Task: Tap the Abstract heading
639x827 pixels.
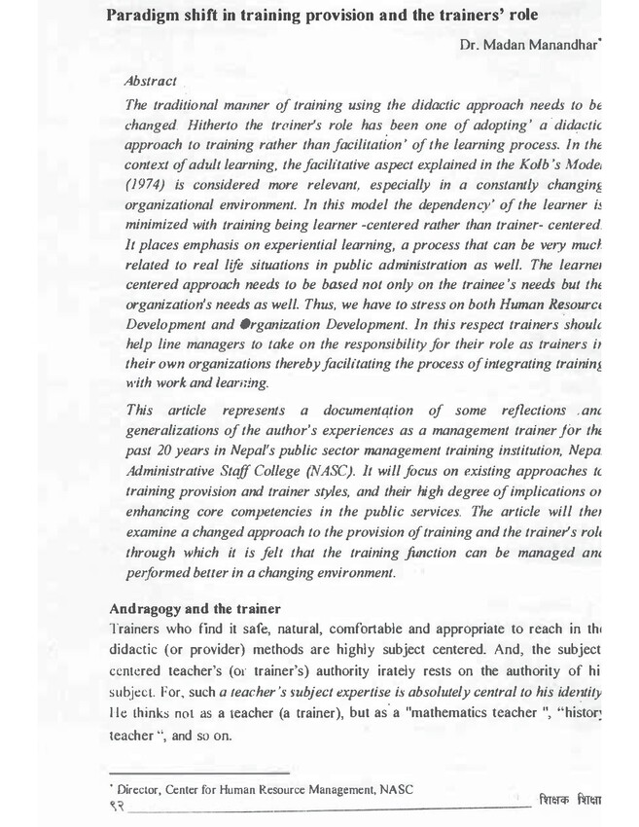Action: click(151, 83)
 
